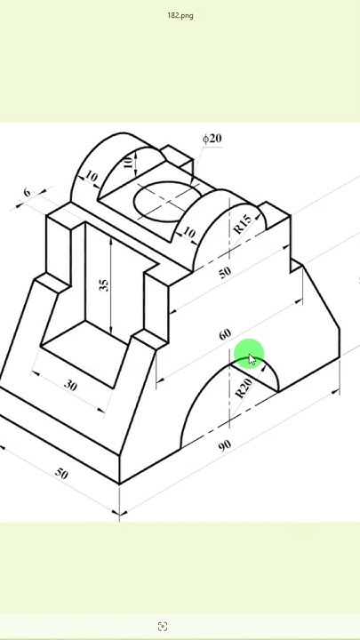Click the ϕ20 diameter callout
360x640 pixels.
(212, 138)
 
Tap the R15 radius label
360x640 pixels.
(242, 225)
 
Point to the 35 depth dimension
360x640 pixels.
(104, 284)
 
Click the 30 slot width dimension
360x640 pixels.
(70, 385)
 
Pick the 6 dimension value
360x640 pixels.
(27, 192)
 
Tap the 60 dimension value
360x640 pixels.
(224, 334)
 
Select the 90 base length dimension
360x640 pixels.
(224, 444)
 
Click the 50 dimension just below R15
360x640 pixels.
(224, 271)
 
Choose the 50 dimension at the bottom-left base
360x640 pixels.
(60, 473)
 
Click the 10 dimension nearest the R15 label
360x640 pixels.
(188, 233)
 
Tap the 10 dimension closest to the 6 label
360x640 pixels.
(91, 177)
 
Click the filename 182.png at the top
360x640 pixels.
(180, 15)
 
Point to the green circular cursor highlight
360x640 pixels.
(249, 355)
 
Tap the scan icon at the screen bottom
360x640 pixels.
(163, 627)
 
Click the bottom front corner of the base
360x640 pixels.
(120, 484)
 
